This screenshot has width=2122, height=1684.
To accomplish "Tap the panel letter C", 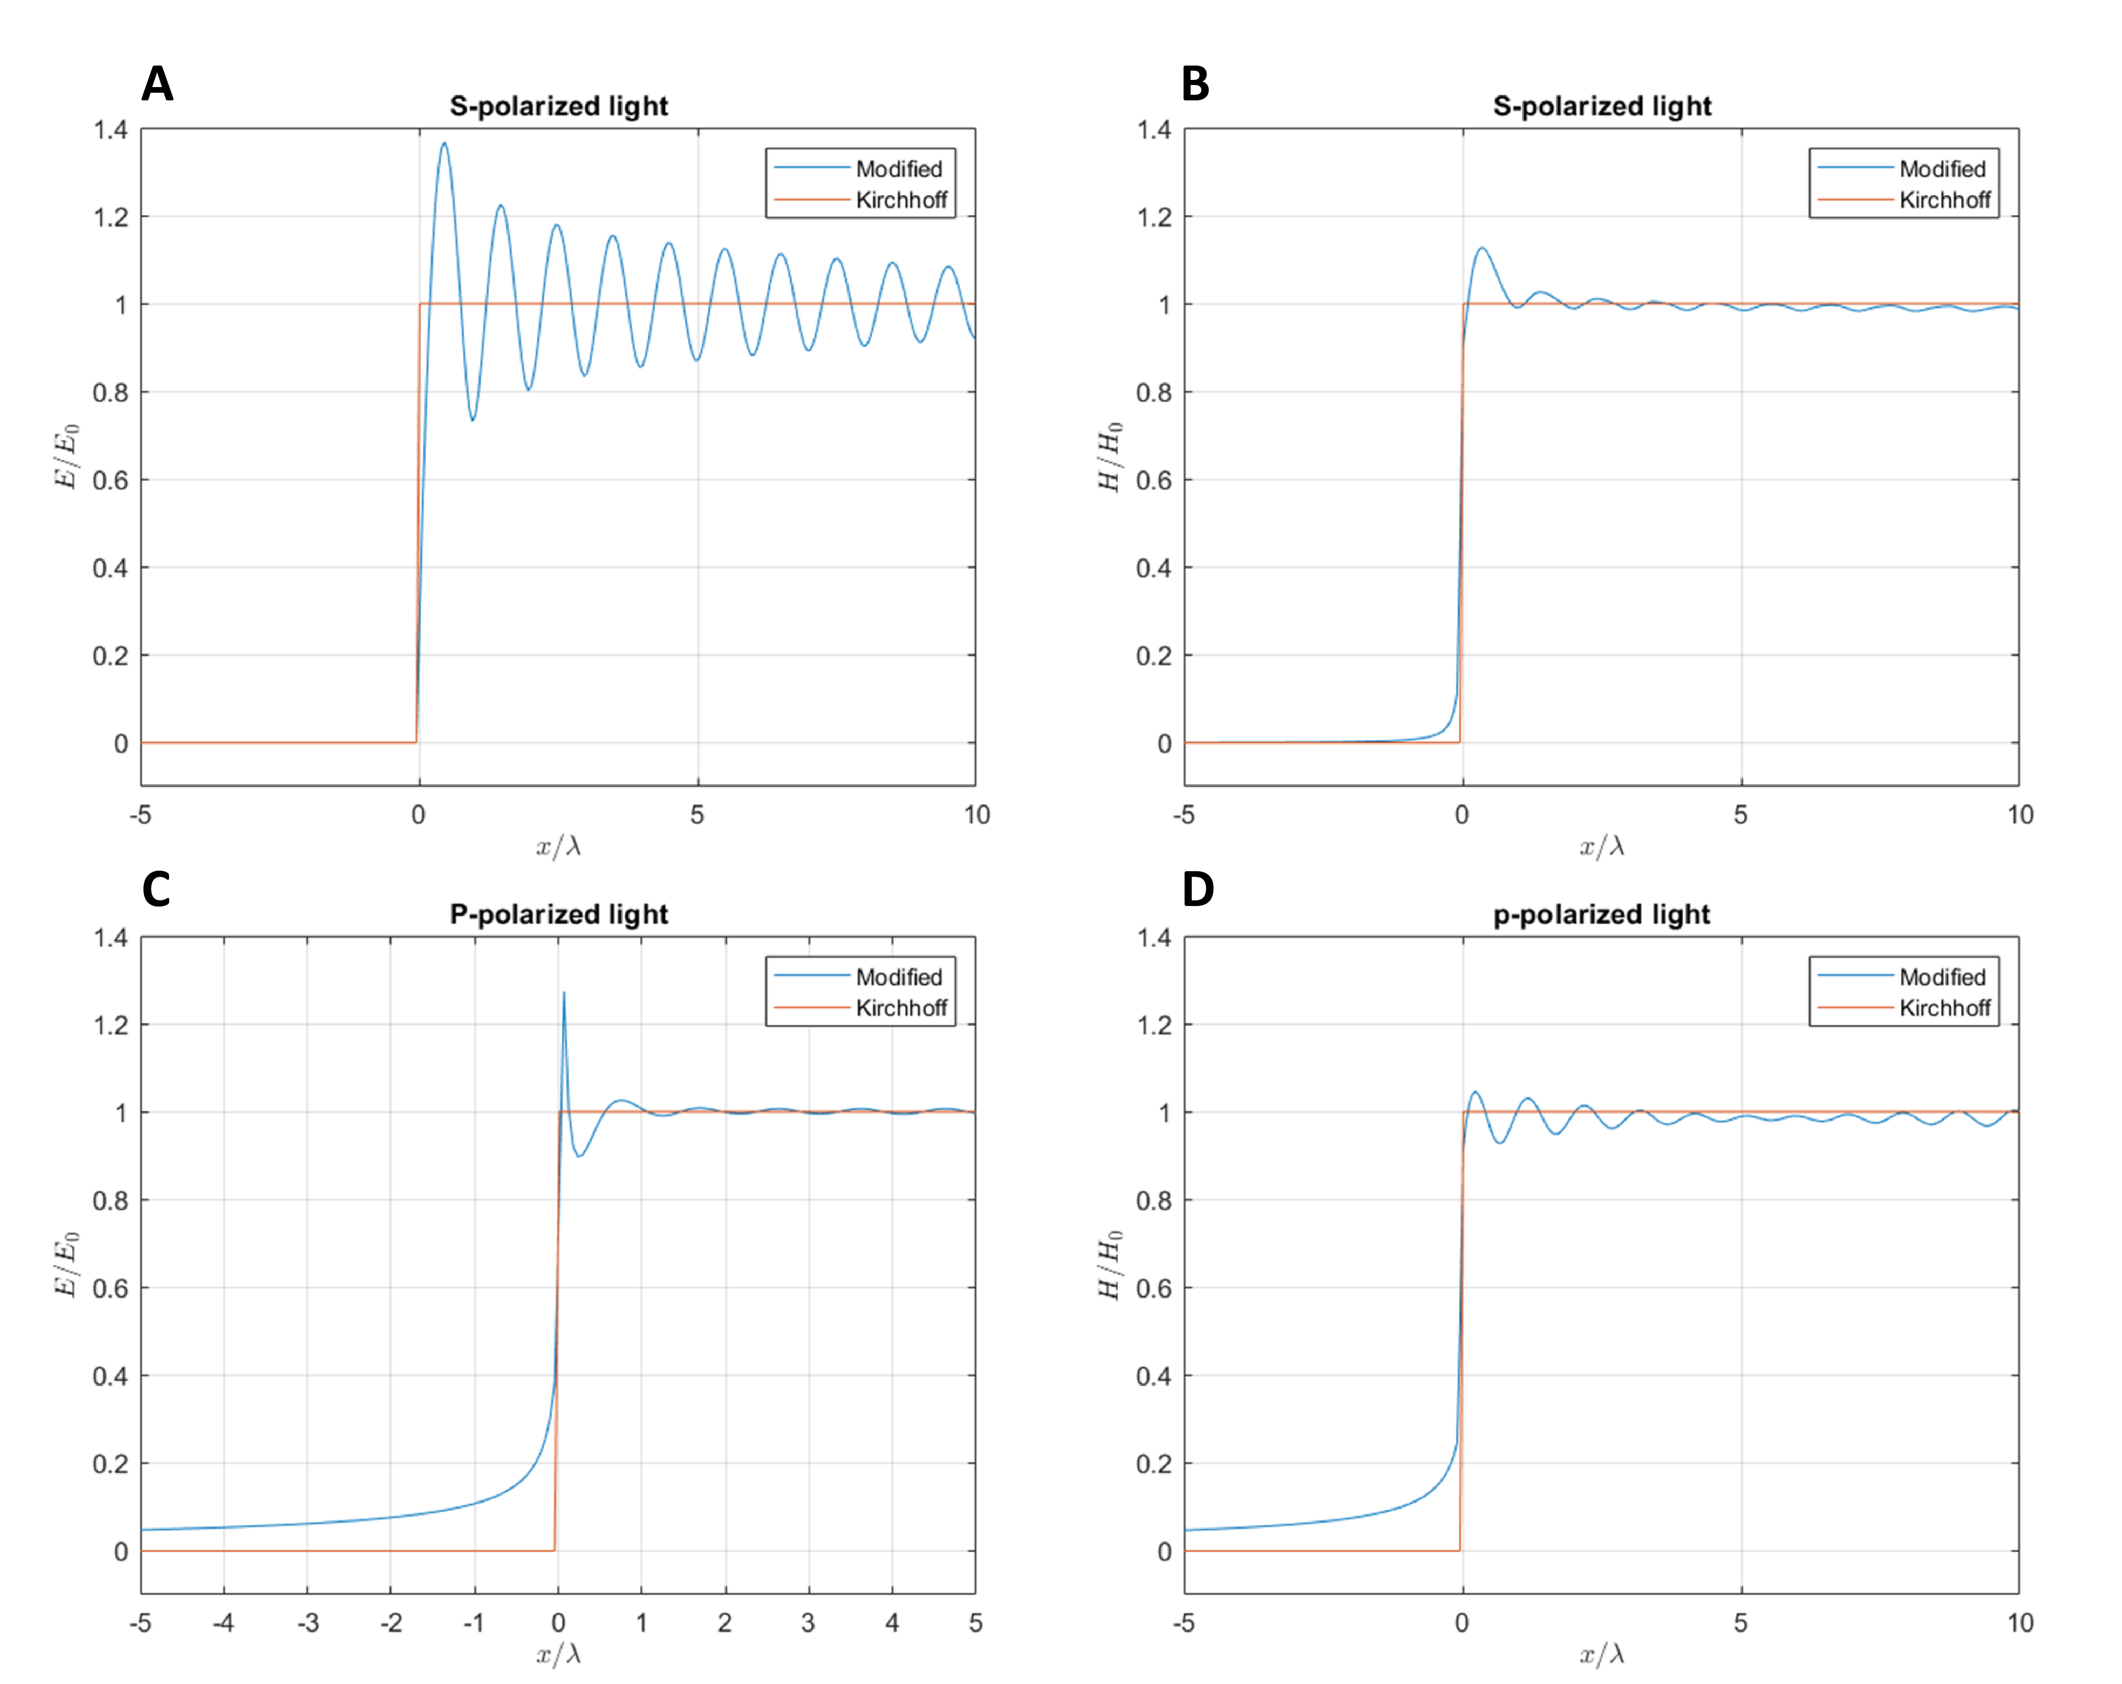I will tap(156, 890).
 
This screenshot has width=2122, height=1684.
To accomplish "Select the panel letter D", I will tap(1198, 890).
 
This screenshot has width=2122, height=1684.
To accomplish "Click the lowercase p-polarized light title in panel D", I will tap(1601, 914).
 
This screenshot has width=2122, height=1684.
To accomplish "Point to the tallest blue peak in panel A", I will tap(444, 144).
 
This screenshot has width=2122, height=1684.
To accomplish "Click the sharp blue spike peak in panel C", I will tap(564, 993).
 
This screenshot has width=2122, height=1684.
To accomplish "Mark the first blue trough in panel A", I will tap(472, 420).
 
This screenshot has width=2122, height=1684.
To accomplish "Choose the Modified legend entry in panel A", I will tap(898, 169).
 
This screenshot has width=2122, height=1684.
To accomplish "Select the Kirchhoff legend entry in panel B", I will tap(1944, 200).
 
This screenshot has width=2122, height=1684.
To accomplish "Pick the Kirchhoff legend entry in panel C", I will tap(901, 1008).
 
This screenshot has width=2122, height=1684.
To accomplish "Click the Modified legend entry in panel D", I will tap(1942, 977).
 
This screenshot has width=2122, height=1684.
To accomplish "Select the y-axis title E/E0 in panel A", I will tap(66, 457).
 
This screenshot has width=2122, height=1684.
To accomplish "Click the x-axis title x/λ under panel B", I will tap(1601, 847).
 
